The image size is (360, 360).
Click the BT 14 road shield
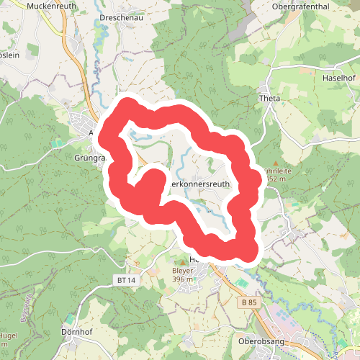[x=125, y=279]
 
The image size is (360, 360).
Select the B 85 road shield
[x=249, y=303]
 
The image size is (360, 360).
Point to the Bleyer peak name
[x=183, y=271]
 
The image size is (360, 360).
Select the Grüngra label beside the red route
[x=90, y=157]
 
